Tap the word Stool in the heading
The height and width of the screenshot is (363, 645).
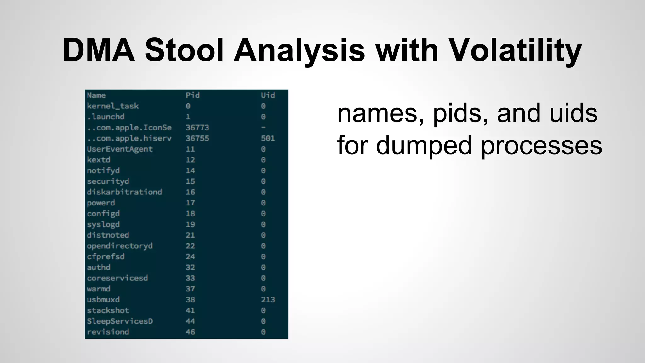click(184, 50)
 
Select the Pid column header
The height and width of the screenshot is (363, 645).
click(192, 95)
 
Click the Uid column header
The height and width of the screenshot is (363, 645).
click(268, 95)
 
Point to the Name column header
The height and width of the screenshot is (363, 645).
click(96, 95)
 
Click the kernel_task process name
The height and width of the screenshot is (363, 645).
click(113, 106)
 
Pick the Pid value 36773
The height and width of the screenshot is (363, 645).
click(197, 128)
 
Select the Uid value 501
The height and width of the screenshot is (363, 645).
click(268, 138)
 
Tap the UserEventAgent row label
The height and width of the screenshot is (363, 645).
click(120, 149)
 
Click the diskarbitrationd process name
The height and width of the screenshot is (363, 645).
click(124, 192)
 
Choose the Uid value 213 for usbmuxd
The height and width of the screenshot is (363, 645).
click(268, 300)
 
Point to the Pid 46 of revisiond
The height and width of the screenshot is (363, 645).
click(190, 332)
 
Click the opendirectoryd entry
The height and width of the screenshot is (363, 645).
click(120, 246)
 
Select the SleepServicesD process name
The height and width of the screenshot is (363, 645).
click(120, 321)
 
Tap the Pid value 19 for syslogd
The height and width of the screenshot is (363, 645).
click(190, 224)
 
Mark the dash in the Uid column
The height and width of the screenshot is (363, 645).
click(263, 128)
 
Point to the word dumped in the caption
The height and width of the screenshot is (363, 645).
click(424, 146)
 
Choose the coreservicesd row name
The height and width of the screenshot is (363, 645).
click(117, 278)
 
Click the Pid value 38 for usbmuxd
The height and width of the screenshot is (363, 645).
click(190, 300)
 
